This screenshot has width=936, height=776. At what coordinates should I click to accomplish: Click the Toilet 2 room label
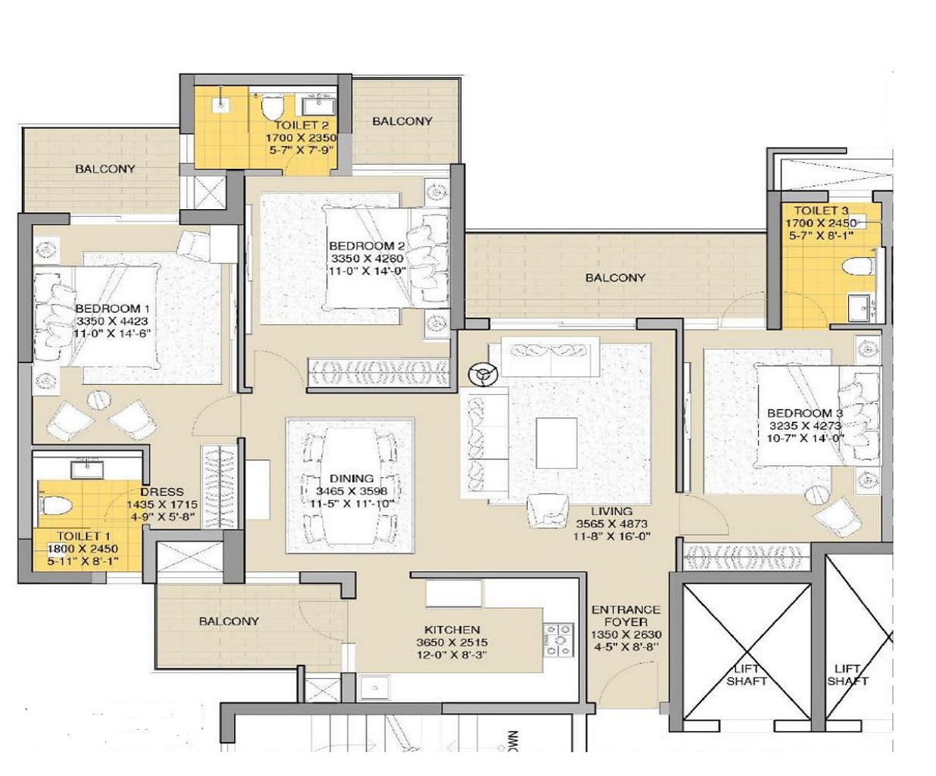tap(301, 126)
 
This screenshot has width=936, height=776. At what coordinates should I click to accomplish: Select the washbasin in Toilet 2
tap(319, 106)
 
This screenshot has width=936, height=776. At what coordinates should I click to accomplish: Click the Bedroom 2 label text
tap(367, 246)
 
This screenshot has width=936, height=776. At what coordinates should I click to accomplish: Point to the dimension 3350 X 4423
tap(112, 321)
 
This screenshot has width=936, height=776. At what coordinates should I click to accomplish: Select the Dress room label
tap(162, 492)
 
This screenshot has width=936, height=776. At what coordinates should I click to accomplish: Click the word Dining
tap(351, 479)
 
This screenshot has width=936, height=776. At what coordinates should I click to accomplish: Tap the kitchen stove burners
tap(559, 640)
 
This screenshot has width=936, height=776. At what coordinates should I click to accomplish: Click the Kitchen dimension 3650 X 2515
tap(452, 643)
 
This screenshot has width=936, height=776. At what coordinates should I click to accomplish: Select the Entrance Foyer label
tap(626, 616)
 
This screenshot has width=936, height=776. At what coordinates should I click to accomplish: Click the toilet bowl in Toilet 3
tap(859, 268)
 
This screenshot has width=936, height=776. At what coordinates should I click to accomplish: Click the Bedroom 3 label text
tap(805, 413)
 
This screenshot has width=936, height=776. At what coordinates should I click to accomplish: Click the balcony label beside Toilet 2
tap(402, 121)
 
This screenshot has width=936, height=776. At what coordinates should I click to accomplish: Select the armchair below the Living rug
tap(548, 511)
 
